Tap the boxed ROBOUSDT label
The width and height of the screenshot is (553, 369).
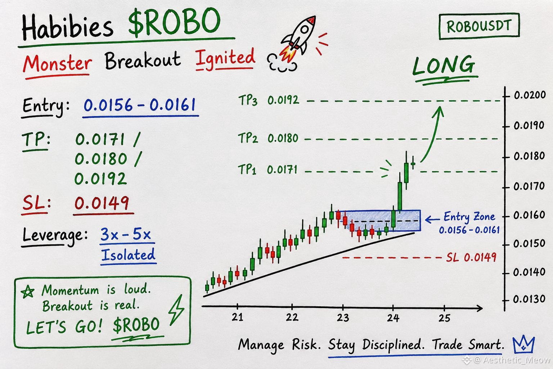click(479, 26)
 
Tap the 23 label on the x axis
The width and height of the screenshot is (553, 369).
click(343, 317)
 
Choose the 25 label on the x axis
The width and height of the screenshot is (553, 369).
click(444, 318)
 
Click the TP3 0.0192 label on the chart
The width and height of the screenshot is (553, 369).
click(269, 100)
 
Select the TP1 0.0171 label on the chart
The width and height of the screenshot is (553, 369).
click(267, 170)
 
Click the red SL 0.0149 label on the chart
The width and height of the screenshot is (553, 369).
click(471, 257)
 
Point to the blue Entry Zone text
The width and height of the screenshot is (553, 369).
click(469, 217)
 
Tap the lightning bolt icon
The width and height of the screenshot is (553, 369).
click(176, 310)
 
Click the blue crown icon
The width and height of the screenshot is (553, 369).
click(523, 345)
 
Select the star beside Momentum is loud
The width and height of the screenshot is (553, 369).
click(27, 292)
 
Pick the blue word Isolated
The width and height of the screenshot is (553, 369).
click(128, 255)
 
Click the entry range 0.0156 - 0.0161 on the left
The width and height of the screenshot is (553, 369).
click(140, 105)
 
